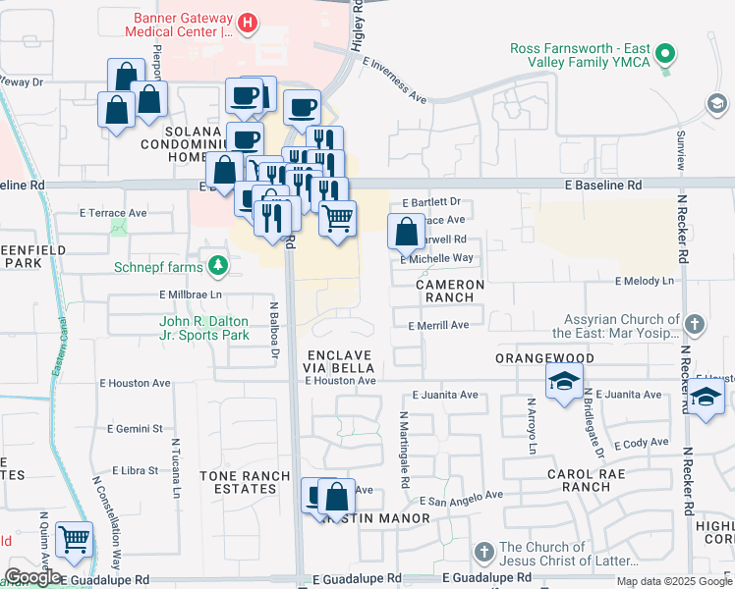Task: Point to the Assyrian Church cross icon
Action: tap(695, 323)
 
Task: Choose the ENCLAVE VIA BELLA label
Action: tap(339, 361)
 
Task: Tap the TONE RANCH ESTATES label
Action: tap(245, 483)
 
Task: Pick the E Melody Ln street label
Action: tap(645, 281)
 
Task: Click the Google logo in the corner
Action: tap(33, 577)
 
